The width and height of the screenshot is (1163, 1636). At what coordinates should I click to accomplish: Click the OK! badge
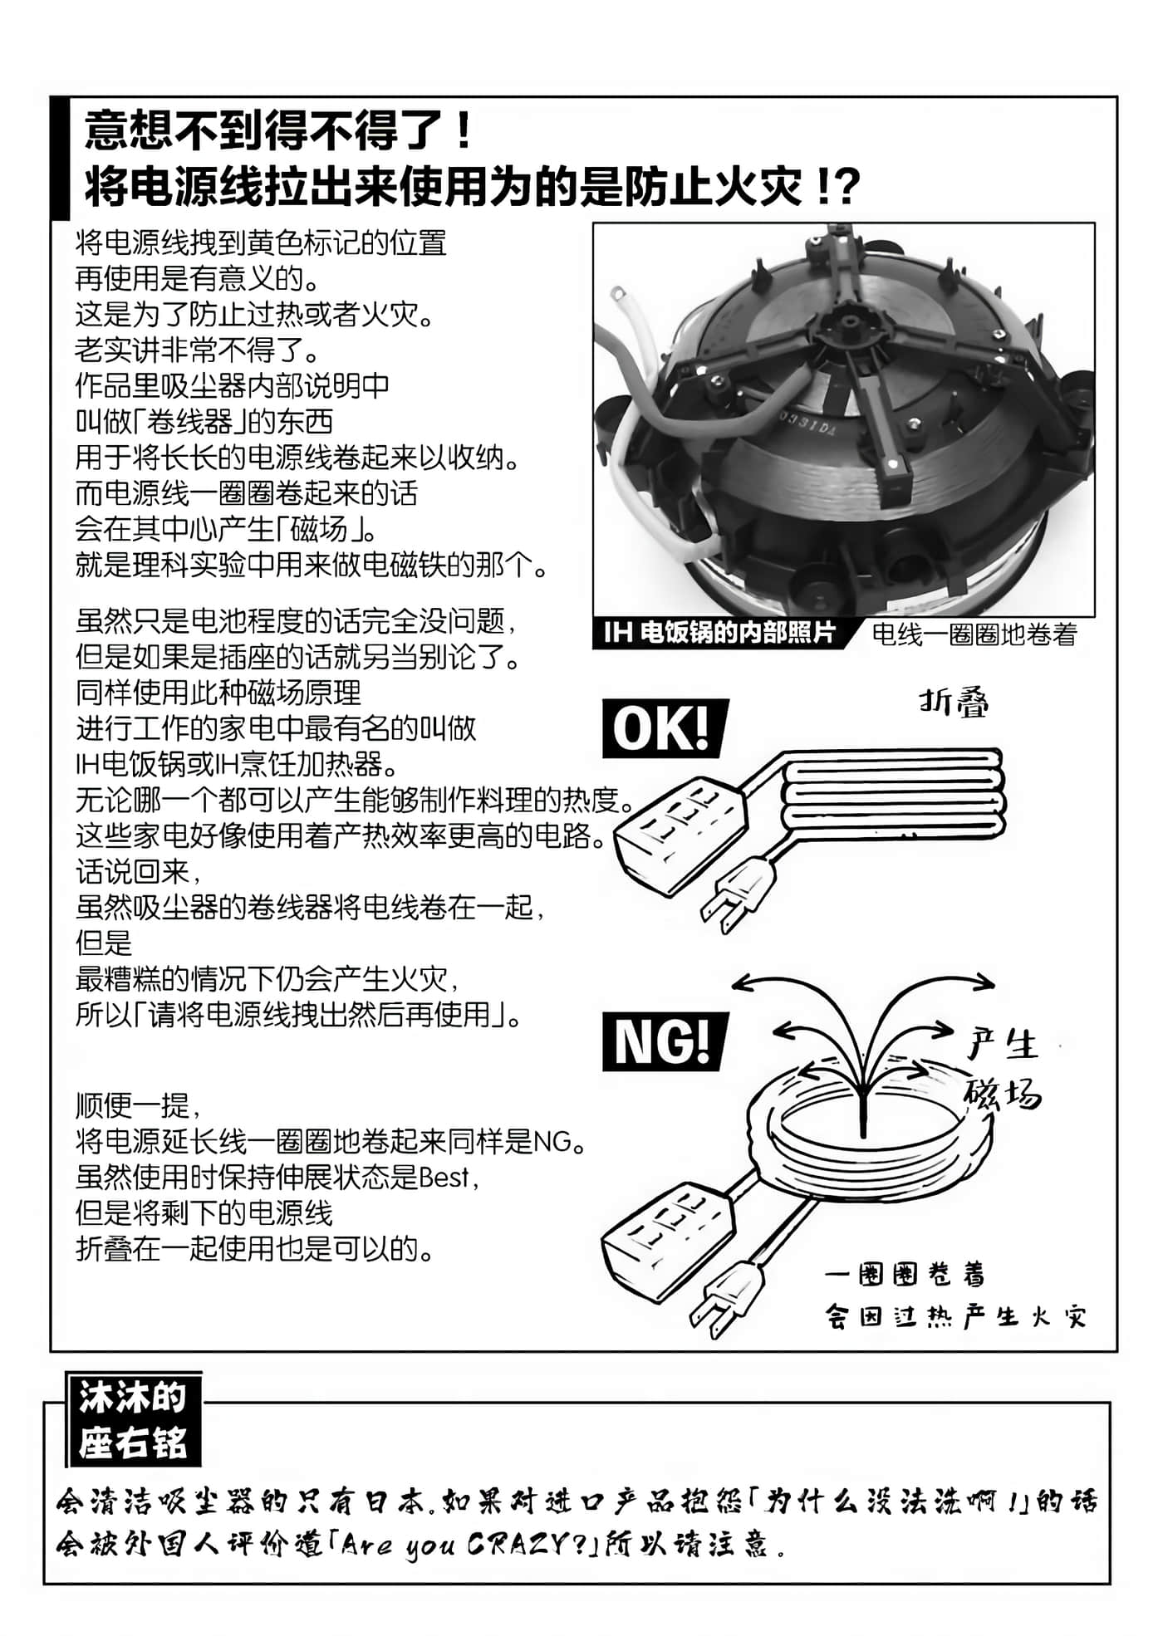665,728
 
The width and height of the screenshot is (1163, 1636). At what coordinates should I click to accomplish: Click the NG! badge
665,1041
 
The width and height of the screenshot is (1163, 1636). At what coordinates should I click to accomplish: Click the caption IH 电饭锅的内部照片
720,633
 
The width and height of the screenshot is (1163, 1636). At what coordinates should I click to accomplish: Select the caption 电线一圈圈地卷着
974,634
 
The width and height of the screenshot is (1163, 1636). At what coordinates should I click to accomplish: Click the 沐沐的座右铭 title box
133,1421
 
